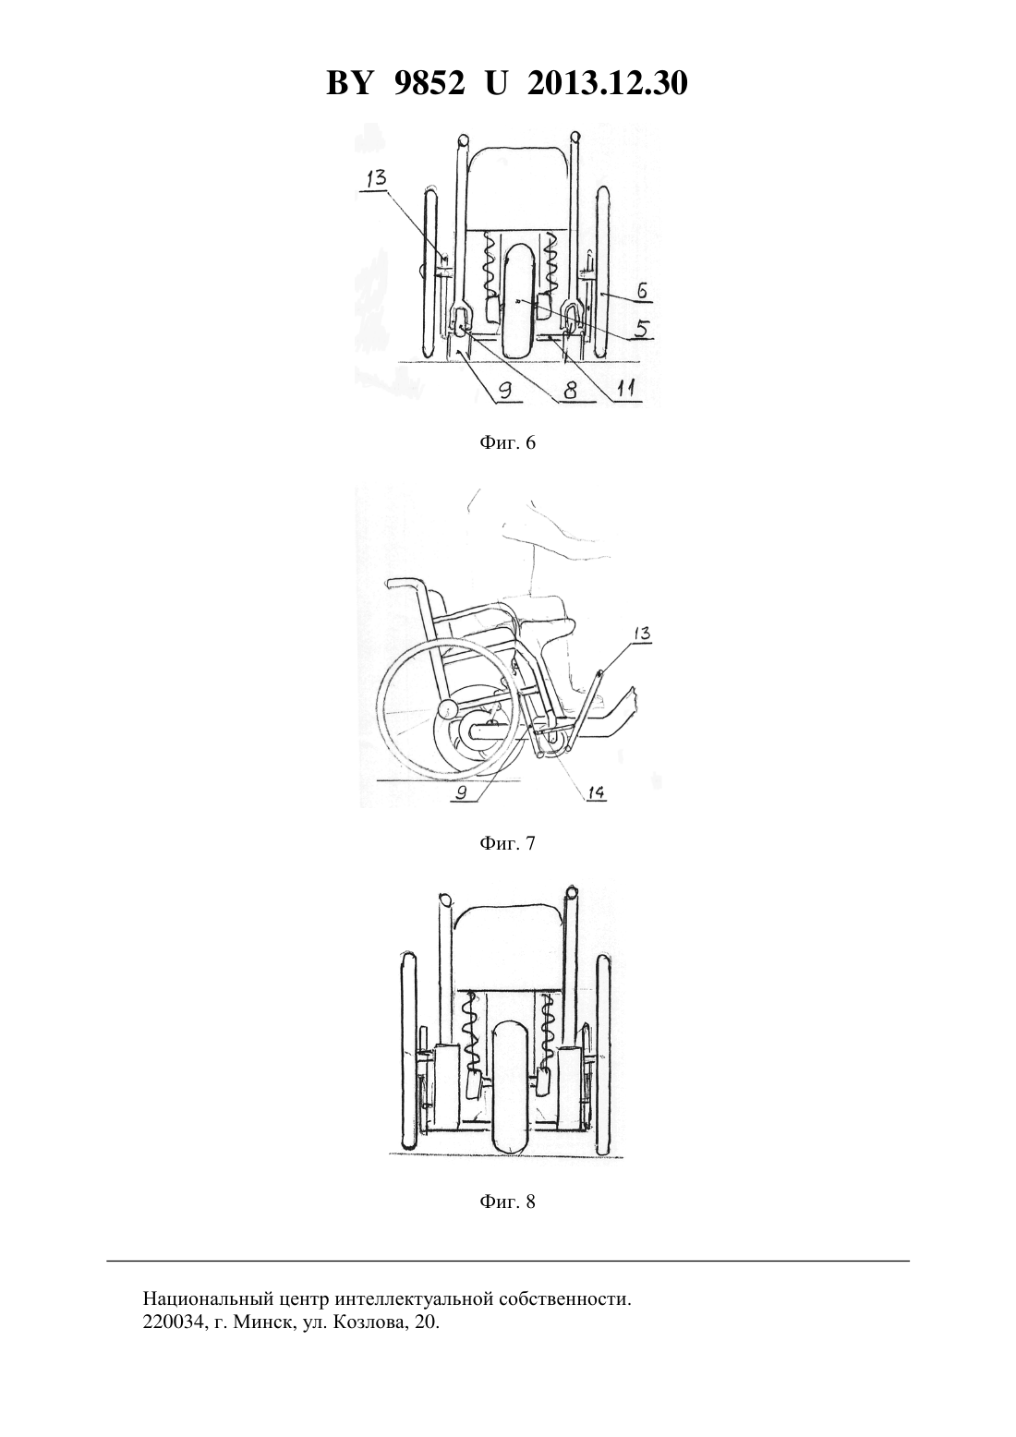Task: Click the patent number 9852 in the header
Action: coord(429,83)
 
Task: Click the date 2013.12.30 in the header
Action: coord(608,83)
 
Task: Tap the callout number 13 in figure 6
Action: coord(376,177)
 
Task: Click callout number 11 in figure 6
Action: coord(626,388)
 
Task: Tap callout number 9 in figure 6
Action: coord(506,390)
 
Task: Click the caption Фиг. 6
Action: coord(507,442)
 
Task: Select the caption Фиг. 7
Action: coord(507,843)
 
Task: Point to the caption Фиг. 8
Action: coord(507,1202)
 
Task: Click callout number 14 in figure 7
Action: coord(595,793)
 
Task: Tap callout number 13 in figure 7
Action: coord(641,634)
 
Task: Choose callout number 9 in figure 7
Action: coord(461,793)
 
